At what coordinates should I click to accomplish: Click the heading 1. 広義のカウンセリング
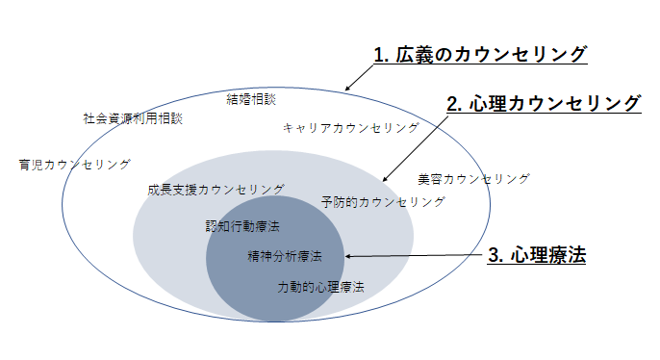click(x=479, y=55)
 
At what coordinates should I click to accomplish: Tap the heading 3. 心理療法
click(x=537, y=256)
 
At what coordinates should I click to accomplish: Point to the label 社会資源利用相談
click(x=132, y=119)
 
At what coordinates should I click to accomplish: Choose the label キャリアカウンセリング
click(x=351, y=127)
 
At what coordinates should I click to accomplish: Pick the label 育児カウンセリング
click(x=74, y=165)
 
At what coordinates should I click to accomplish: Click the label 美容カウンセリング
click(x=473, y=179)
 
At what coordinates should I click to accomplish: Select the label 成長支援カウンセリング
click(x=216, y=190)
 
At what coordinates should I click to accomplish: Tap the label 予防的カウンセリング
click(x=383, y=202)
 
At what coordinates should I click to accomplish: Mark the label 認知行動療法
click(x=242, y=226)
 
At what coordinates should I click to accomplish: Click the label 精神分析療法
click(x=284, y=257)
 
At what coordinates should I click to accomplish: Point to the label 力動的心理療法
click(x=320, y=287)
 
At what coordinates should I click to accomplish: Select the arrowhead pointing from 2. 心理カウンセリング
click(x=384, y=180)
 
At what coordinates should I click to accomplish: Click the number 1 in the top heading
click(x=378, y=55)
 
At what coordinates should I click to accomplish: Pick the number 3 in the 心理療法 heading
click(x=494, y=256)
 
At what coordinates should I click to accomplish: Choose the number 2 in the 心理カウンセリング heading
click(x=451, y=103)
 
